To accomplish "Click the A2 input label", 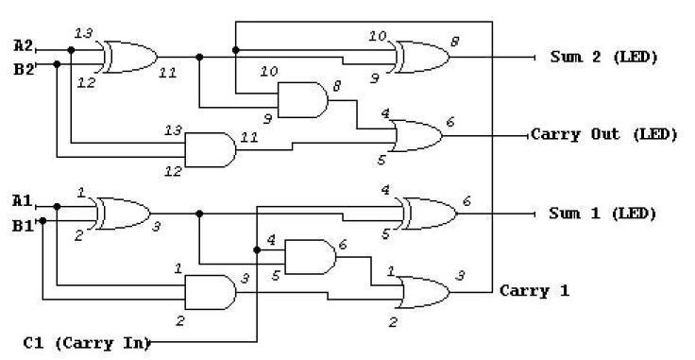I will pyautogui.click(x=24, y=45).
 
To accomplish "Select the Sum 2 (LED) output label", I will pyautogui.click(x=602, y=57).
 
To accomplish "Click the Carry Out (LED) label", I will pyautogui.click(x=603, y=134).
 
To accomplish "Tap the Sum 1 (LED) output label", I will pyautogui.click(x=602, y=214).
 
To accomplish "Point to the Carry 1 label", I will pyautogui.click(x=534, y=290).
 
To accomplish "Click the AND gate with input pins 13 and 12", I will pyautogui.click(x=210, y=149).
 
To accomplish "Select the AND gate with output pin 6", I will pyautogui.click(x=309, y=256).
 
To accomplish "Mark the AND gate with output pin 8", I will pyautogui.click(x=301, y=97).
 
